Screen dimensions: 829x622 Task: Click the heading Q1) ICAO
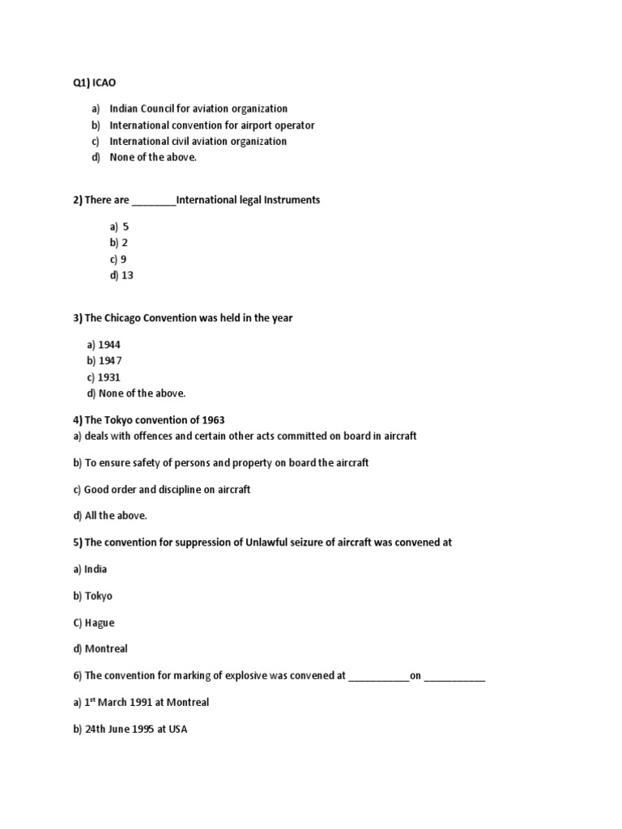pyautogui.click(x=95, y=83)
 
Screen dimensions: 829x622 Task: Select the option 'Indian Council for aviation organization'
pyautogui.click(x=198, y=108)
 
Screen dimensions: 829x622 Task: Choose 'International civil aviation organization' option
pyautogui.click(x=198, y=141)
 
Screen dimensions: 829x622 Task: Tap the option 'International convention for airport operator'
pyautogui.click(x=211, y=125)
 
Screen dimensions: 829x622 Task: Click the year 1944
pyautogui.click(x=110, y=345)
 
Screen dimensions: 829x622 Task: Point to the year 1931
pyautogui.click(x=110, y=377)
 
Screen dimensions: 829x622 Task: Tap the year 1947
pyautogui.click(x=110, y=361)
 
